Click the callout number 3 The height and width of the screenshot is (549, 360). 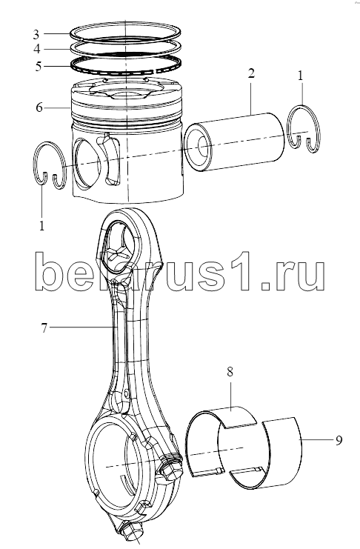[x=36, y=34]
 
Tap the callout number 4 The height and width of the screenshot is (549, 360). [x=37, y=49]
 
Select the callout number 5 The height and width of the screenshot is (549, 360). [x=39, y=66]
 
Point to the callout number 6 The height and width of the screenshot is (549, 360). [x=39, y=107]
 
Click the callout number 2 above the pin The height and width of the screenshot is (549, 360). [x=251, y=73]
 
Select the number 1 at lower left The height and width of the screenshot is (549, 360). [x=42, y=226]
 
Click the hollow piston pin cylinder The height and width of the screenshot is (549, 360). [x=234, y=142]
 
